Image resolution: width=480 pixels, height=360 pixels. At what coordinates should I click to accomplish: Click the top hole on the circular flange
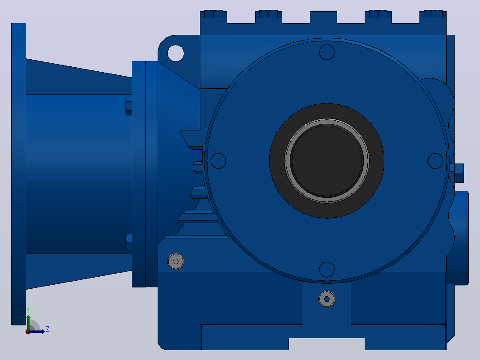pyautogui.click(x=327, y=52)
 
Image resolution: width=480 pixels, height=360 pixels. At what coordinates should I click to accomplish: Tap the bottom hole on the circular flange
pyautogui.click(x=327, y=270)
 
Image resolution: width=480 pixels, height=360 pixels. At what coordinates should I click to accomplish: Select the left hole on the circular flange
pyautogui.click(x=218, y=161)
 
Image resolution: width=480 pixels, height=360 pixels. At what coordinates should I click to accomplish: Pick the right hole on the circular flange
pyautogui.click(x=435, y=161)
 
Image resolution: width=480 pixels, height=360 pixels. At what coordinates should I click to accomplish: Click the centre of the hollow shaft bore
pyautogui.click(x=327, y=160)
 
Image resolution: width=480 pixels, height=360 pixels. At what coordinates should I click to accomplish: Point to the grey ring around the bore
pyautogui.click(x=327, y=120)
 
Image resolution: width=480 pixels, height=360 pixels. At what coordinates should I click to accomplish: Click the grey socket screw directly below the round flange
pyautogui.click(x=327, y=299)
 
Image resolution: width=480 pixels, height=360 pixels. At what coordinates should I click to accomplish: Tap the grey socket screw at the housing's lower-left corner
pyautogui.click(x=176, y=262)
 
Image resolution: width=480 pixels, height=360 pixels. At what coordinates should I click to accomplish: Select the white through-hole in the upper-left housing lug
pyautogui.click(x=176, y=53)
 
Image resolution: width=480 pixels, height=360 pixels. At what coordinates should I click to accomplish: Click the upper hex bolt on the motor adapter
pyautogui.click(x=129, y=106)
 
